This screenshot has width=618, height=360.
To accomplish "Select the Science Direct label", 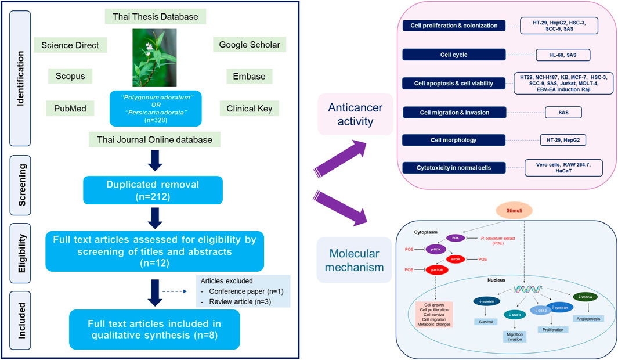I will (x=66, y=45).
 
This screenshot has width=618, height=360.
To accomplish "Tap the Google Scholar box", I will (x=250, y=45).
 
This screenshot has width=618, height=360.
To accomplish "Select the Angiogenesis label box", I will (x=587, y=318).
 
